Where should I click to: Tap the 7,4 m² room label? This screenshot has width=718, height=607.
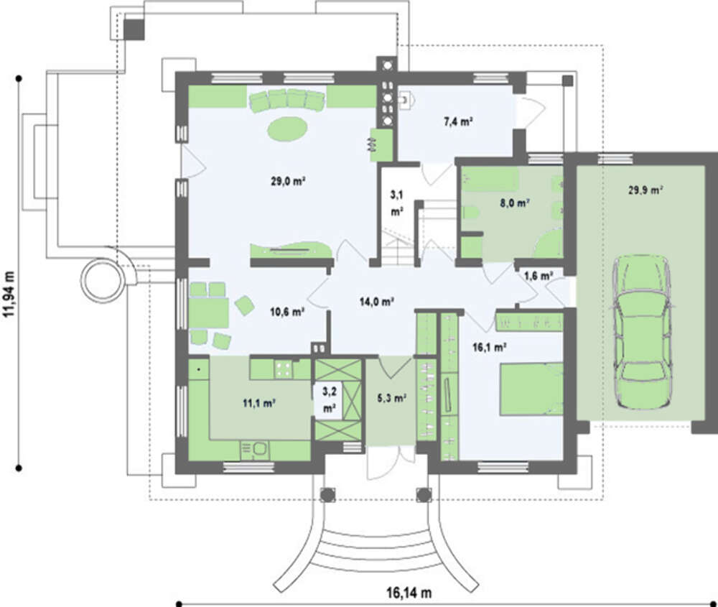point(457,122)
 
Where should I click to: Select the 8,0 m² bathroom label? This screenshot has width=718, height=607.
point(515,203)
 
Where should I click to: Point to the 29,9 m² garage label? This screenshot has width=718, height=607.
point(645,190)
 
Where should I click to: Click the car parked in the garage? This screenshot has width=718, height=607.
point(641,323)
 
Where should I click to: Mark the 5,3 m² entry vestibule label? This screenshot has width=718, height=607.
point(392,397)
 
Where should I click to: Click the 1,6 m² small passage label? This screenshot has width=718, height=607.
point(538,275)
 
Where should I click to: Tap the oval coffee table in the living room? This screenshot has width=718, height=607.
point(288,129)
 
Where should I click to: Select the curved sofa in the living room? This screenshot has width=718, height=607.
point(287,101)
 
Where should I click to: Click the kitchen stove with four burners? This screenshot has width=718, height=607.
point(283,369)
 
